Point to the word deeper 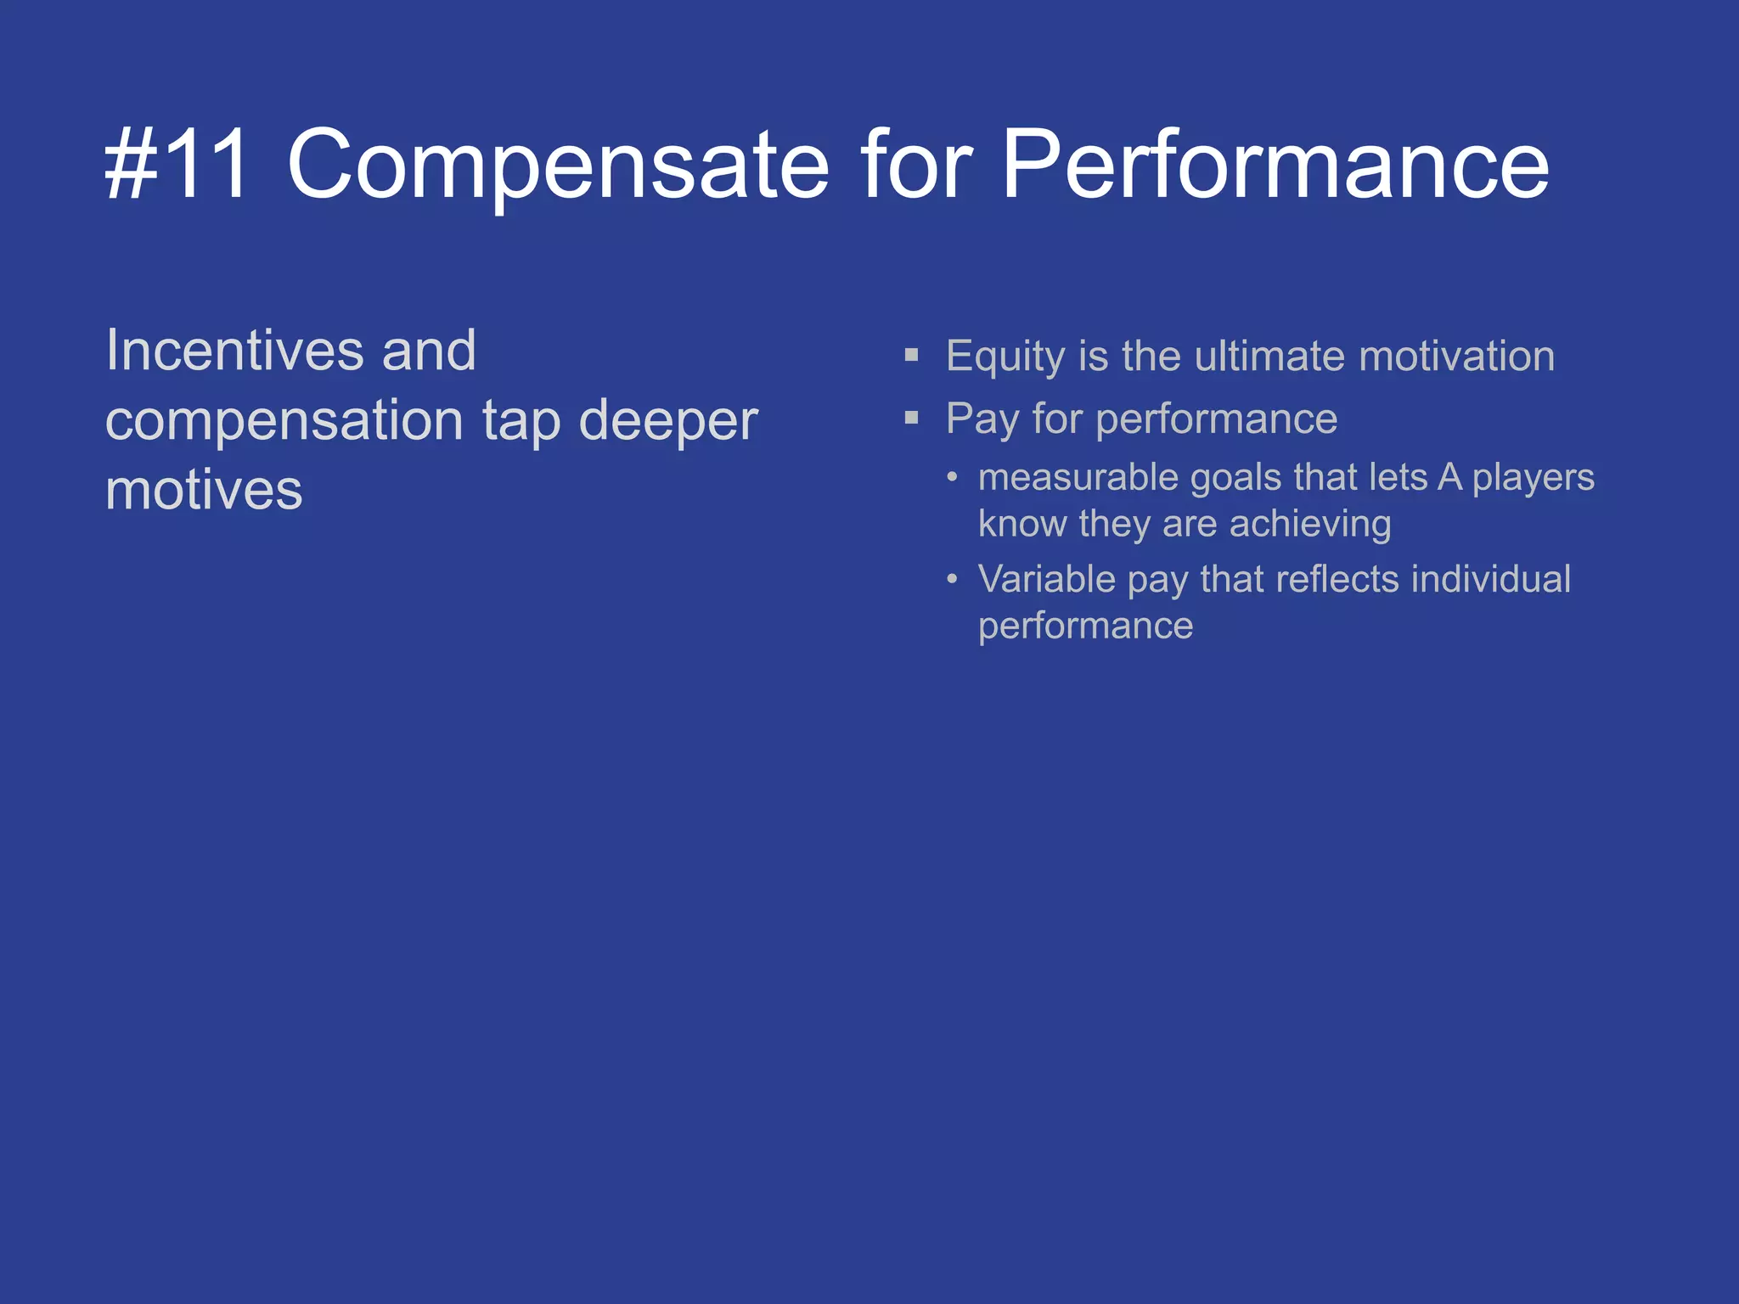667,420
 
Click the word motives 204,491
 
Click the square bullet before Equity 912,355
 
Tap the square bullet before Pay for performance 912,418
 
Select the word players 1533,478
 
